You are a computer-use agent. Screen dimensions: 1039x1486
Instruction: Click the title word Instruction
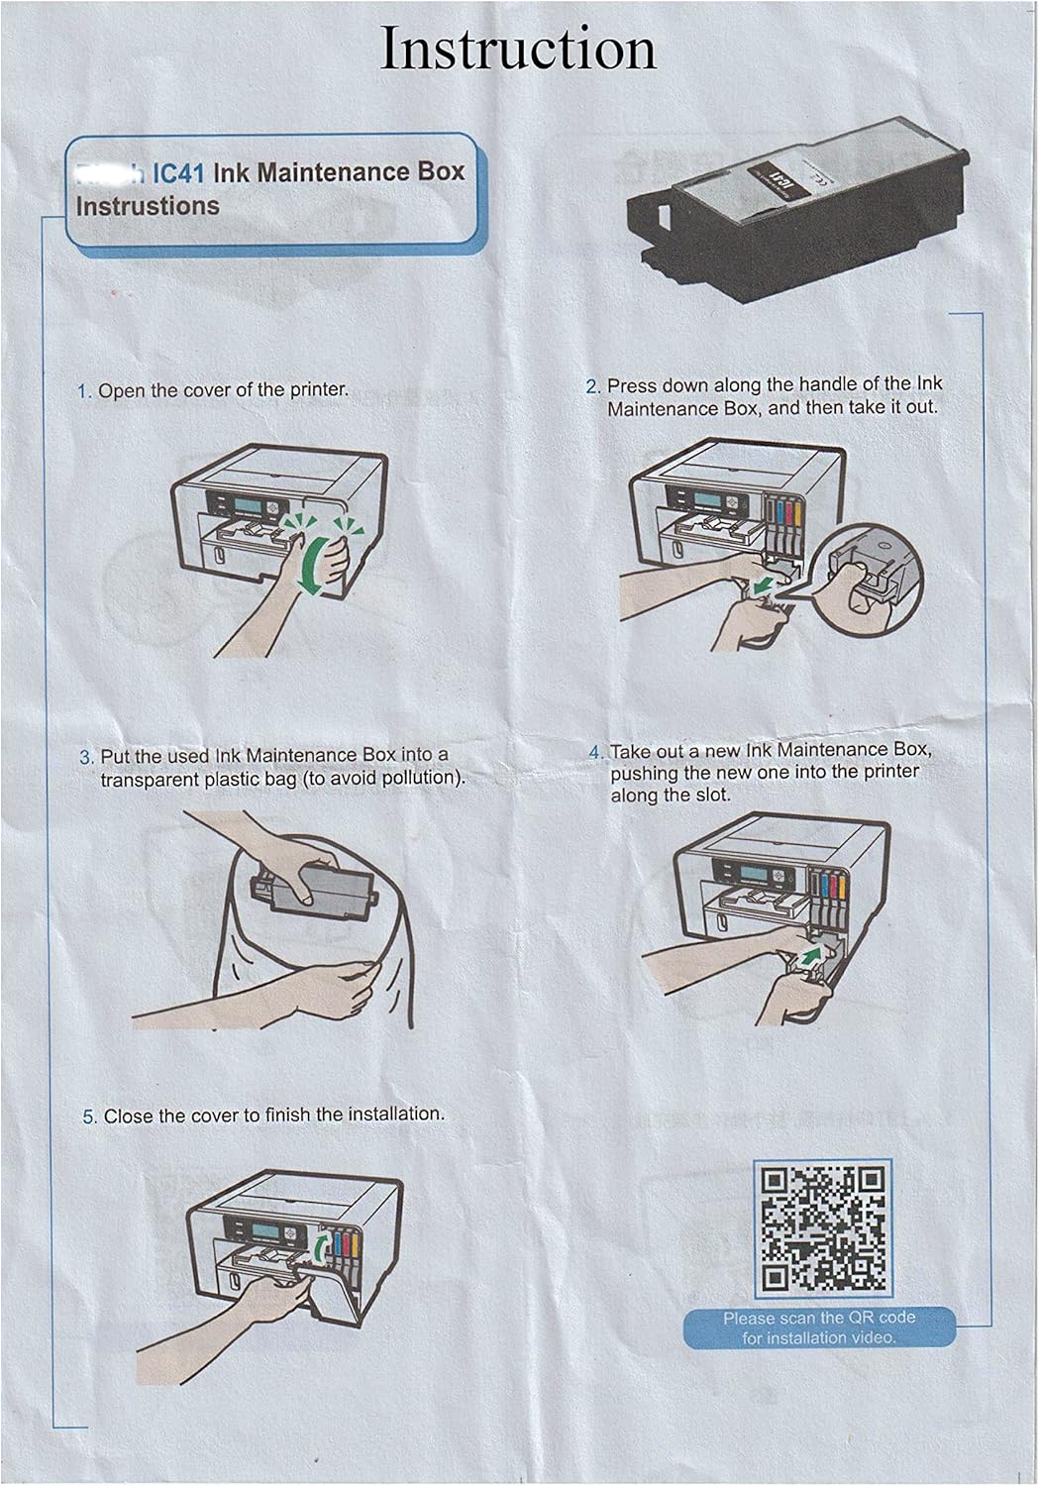pos(518,50)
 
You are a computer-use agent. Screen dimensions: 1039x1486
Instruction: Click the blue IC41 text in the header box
pos(178,173)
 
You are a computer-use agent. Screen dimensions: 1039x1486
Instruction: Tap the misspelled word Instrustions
pos(148,206)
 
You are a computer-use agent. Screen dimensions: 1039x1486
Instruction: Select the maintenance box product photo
pos(797,208)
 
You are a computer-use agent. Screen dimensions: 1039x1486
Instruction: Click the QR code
pos(823,1229)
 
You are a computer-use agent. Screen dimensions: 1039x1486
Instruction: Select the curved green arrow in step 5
pos(319,1247)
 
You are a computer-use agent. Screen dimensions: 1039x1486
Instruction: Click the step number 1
pos(83,391)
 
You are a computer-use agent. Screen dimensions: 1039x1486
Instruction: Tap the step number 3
pos(85,757)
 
